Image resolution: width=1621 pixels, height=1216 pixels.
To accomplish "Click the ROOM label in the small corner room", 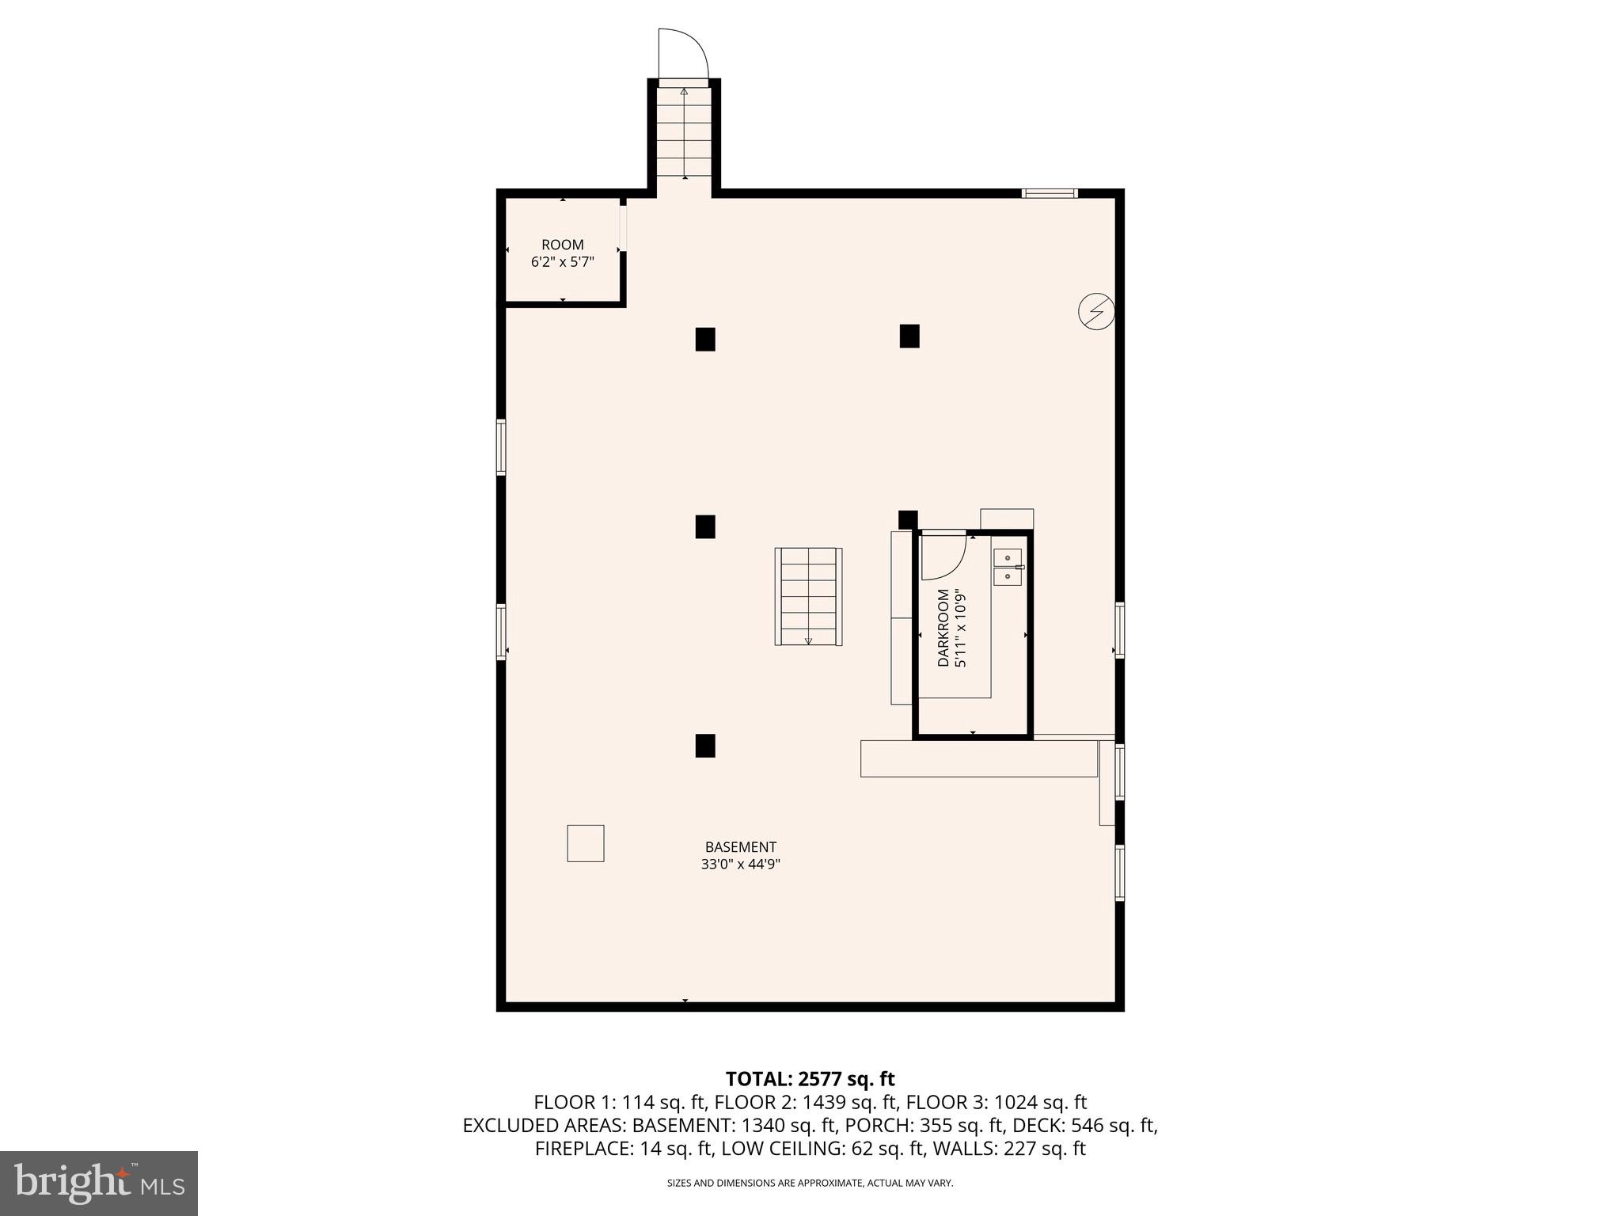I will tap(562, 245).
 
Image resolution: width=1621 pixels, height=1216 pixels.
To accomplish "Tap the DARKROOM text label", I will tap(943, 628).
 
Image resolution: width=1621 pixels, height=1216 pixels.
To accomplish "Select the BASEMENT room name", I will tap(740, 847).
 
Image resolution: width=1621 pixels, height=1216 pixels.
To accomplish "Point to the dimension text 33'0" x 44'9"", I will tap(740, 864).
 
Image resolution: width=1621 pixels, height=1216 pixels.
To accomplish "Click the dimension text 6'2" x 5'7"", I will tap(562, 262).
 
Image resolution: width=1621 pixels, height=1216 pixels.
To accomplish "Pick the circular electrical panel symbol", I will tap(1096, 312).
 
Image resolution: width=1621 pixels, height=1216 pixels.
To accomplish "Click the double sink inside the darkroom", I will tap(1008, 567).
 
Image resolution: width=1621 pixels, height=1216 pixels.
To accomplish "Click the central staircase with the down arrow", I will tap(808, 596).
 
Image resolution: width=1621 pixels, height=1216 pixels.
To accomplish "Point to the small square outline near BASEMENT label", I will tap(586, 843).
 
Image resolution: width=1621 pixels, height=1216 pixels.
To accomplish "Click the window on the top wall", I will tap(1050, 193).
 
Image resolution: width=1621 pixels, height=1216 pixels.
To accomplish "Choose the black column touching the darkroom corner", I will tap(908, 519).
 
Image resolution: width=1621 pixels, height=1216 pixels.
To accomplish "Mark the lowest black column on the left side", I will tap(705, 746).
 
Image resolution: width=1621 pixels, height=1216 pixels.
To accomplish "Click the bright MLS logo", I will tap(99, 1184).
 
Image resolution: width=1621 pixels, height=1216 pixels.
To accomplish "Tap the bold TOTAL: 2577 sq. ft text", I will tap(810, 1079).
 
